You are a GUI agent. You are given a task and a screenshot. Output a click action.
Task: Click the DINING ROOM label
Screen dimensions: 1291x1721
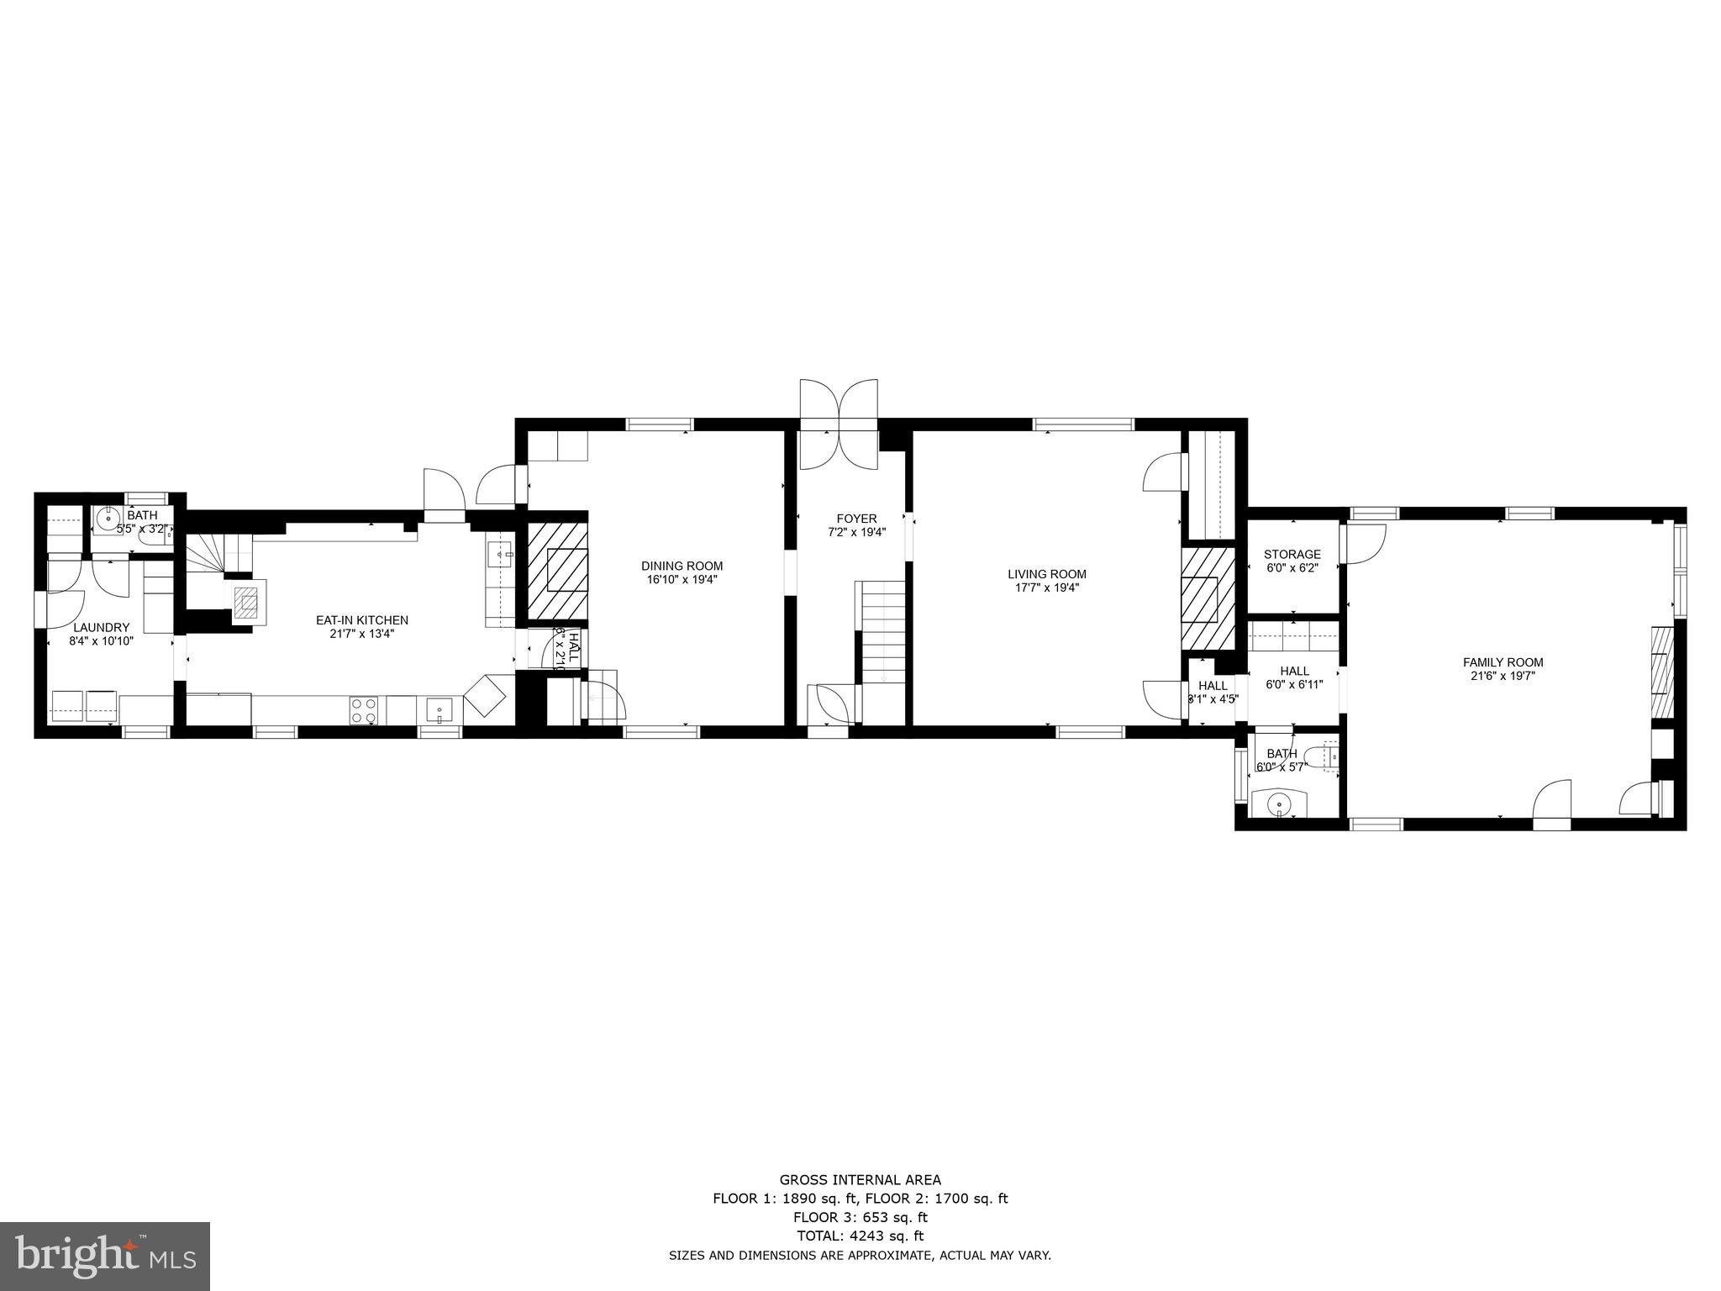pyautogui.click(x=682, y=566)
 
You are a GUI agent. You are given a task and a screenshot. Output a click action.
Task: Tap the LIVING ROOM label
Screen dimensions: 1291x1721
pyautogui.click(x=1047, y=574)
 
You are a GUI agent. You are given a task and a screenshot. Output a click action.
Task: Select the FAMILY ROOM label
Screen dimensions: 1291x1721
pyautogui.click(x=1503, y=662)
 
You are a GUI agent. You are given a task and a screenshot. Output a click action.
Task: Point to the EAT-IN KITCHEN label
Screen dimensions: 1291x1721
pyautogui.click(x=361, y=620)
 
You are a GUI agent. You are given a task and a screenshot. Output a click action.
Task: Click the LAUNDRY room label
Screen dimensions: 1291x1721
pyautogui.click(x=101, y=627)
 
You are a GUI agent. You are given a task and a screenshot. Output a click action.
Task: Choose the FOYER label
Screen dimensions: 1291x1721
pyautogui.click(x=856, y=519)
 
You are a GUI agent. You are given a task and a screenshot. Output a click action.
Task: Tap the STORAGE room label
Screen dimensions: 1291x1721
pyautogui.click(x=1292, y=554)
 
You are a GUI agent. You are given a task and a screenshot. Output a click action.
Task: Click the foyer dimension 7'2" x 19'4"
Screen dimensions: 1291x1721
pyautogui.click(x=856, y=531)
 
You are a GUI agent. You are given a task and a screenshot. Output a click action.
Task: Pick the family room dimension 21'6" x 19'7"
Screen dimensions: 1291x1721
pyautogui.click(x=1503, y=675)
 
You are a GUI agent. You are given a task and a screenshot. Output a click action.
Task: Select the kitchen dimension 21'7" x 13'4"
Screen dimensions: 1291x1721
pyautogui.click(x=361, y=634)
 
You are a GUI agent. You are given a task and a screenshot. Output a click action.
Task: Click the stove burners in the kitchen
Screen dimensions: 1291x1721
pyautogui.click(x=363, y=710)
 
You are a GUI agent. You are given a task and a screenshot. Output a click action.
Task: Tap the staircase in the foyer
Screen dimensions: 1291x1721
pyautogui.click(x=881, y=630)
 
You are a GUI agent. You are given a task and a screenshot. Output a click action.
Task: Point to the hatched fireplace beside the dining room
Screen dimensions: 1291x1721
pyautogui.click(x=557, y=571)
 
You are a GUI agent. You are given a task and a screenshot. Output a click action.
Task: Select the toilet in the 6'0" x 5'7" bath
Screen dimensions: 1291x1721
pyautogui.click(x=1323, y=756)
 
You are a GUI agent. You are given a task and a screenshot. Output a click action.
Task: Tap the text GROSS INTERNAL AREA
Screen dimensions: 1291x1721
pyautogui.click(x=860, y=1180)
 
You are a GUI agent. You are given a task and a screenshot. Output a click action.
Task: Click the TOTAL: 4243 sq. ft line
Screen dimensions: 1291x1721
pyautogui.click(x=860, y=1236)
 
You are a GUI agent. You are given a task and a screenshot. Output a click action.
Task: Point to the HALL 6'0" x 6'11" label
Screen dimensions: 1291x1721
pyautogui.click(x=1294, y=677)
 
